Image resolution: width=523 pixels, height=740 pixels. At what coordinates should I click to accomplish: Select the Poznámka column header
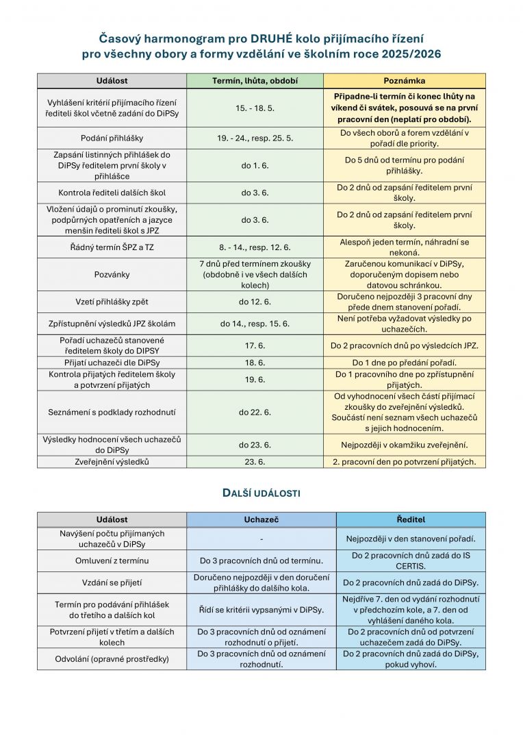404,81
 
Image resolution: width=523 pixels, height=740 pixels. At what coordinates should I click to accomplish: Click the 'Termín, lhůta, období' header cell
255,81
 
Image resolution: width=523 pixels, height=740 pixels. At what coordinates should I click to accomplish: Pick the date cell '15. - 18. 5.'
255,108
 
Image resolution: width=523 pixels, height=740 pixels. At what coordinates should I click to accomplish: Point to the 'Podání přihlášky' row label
112,138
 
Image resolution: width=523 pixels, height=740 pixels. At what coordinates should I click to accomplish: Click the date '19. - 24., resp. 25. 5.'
255,138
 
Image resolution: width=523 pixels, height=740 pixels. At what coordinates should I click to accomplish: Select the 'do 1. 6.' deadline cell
255,165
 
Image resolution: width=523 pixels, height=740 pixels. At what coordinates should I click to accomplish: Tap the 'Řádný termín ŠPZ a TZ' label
112,247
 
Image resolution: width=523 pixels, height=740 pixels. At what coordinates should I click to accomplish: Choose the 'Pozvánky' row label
112,275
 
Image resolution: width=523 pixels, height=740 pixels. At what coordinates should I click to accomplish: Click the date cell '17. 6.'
255,346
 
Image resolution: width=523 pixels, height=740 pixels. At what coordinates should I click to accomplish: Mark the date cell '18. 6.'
255,362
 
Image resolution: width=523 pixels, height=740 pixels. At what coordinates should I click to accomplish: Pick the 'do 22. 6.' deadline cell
255,412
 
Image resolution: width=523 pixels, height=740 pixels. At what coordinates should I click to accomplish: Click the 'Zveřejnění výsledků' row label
112,462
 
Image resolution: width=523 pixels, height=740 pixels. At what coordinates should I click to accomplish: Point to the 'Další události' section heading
261,493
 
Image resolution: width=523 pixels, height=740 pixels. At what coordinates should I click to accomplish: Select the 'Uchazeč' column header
261,519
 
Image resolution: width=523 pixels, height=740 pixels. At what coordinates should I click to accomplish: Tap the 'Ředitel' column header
411,519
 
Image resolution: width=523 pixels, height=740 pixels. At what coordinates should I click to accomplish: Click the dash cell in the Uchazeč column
261,539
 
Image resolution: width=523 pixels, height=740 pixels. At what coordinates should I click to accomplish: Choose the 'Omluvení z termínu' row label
112,560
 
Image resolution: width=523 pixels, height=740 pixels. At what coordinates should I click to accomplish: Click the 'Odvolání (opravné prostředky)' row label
112,658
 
